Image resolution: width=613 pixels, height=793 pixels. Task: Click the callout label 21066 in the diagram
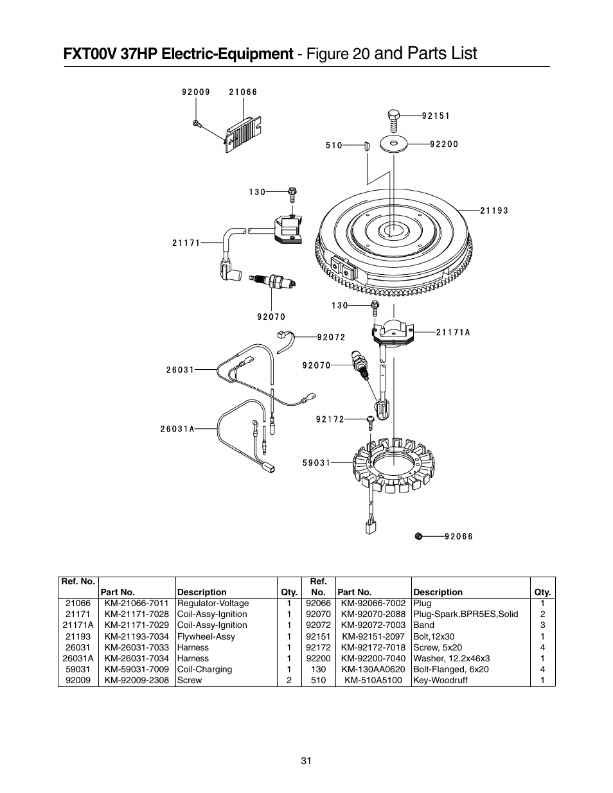[243, 92]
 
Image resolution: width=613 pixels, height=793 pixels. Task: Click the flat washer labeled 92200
[394, 144]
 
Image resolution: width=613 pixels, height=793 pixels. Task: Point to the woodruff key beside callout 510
[366, 145]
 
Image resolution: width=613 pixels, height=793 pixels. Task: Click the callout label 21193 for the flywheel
[493, 211]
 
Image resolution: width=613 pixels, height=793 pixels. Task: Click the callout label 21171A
[453, 332]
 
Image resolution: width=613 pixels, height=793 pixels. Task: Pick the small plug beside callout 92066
[418, 536]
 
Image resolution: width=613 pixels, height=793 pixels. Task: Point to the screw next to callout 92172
[371, 421]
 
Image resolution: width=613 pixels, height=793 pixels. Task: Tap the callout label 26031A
[177, 429]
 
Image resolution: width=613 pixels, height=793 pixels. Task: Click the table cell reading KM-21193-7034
[136, 636]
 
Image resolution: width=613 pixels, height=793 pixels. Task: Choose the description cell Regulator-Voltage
[213, 603]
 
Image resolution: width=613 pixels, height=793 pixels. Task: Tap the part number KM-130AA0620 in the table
[373, 669]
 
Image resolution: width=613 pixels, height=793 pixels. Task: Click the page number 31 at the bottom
[306, 761]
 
